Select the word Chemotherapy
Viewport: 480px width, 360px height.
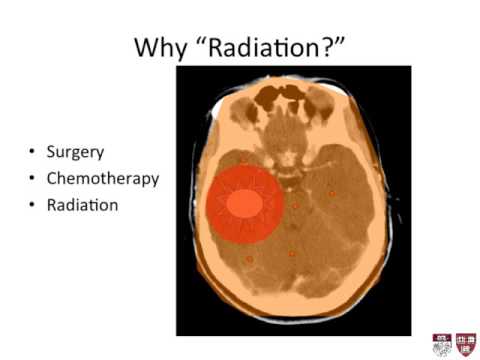point(103,179)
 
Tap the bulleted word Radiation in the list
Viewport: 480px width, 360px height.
point(81,204)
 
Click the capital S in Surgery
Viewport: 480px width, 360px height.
point(51,153)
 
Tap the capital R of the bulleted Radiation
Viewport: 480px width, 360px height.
point(51,204)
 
